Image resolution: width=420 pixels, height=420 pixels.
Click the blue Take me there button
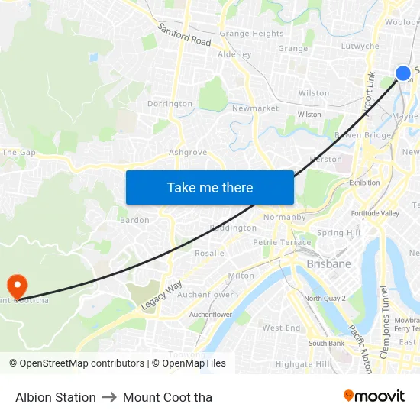point(210,187)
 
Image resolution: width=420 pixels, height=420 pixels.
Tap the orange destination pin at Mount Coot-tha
point(17,286)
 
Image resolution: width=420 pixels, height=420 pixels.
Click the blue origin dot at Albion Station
point(403,73)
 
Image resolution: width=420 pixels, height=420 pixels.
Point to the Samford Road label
point(185,35)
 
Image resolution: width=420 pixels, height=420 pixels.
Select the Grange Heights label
point(251,34)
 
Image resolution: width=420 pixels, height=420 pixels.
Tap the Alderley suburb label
point(234,54)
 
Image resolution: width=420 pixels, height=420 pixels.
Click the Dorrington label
point(170,104)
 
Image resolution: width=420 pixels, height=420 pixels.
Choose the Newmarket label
point(255,108)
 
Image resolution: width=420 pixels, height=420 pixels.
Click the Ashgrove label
point(188,152)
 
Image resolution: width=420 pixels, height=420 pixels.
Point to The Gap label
point(19,153)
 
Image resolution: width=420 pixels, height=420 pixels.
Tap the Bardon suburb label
point(134,220)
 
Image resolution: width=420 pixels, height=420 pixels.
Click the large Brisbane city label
point(328,263)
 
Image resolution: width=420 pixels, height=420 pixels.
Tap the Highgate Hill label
point(302,364)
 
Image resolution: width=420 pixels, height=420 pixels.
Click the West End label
point(281,328)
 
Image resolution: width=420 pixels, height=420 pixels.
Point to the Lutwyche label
point(360,46)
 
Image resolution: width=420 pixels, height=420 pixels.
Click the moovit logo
point(374,396)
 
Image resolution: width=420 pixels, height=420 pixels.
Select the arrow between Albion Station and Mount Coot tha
point(109,397)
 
